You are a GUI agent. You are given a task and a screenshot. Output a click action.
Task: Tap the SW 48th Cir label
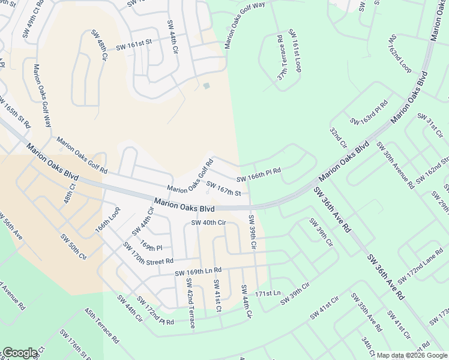(99, 45)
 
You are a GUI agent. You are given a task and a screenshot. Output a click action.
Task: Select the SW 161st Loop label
(295, 50)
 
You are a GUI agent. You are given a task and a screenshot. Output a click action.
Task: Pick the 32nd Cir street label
(339, 137)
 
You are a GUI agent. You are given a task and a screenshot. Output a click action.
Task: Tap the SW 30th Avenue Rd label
(395, 165)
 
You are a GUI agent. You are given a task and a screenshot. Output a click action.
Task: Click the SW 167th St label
(223, 189)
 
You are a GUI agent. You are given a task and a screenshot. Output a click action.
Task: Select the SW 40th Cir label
(208, 223)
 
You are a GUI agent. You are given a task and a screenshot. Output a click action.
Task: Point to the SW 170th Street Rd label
(148, 254)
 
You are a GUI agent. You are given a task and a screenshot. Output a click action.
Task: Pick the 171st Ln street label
(268, 293)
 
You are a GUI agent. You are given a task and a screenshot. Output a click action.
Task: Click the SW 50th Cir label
(74, 247)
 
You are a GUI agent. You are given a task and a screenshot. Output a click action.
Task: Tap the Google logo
(20, 353)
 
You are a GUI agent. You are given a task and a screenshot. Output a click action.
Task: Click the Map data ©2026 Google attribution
(412, 355)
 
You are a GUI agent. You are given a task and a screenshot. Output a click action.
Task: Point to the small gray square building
(206, 86)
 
